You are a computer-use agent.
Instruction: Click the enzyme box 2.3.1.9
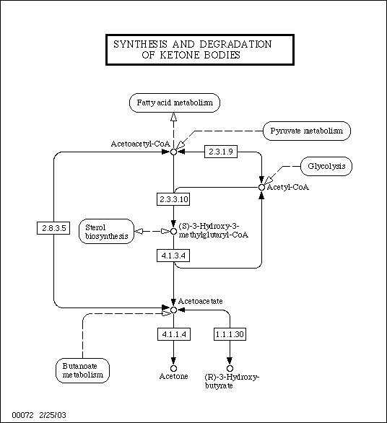(x=221, y=152)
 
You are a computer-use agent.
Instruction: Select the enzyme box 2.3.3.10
(x=173, y=199)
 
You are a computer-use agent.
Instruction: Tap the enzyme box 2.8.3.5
(x=53, y=228)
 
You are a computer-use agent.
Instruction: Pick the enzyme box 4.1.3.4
(x=173, y=256)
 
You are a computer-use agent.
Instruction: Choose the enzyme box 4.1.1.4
(x=174, y=334)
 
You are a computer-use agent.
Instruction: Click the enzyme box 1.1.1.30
(x=230, y=334)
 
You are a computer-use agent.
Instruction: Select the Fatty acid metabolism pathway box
(x=175, y=103)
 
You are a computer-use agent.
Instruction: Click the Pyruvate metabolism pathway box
(x=307, y=131)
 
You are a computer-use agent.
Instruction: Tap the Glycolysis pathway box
(x=326, y=166)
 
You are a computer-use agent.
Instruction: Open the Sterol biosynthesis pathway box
(x=107, y=232)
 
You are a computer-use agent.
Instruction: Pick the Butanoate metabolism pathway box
(x=82, y=370)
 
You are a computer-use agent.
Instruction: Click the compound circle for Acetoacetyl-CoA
(x=173, y=152)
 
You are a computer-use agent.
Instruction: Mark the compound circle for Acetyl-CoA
(x=261, y=187)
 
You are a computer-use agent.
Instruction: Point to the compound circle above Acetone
(x=174, y=368)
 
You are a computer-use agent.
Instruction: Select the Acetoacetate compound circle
(x=173, y=310)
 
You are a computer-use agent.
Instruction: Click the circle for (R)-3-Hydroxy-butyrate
(x=230, y=368)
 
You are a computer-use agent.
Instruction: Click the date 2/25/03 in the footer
(x=53, y=415)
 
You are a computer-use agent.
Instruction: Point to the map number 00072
(x=22, y=415)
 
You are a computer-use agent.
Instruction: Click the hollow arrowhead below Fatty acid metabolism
(x=174, y=117)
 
